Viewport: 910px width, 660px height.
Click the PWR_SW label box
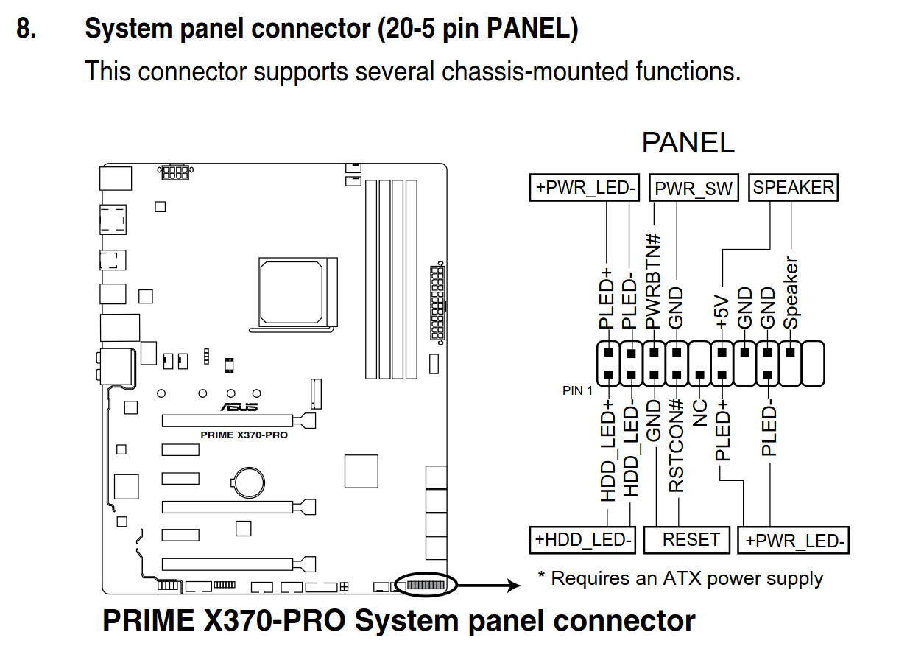[x=694, y=189]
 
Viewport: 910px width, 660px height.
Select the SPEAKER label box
[x=794, y=187]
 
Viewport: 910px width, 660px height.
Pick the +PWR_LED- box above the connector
[x=585, y=187]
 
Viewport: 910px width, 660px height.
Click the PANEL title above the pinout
[x=688, y=143]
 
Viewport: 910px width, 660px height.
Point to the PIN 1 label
[x=577, y=390]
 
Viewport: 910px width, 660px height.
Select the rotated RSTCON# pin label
[x=677, y=446]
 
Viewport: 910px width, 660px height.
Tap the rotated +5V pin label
[x=722, y=312]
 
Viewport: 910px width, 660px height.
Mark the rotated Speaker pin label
[x=791, y=292]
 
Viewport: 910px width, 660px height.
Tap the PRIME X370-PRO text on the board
[x=244, y=435]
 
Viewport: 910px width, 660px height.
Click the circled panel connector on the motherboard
[x=426, y=585]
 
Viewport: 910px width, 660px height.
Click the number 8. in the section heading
[x=27, y=29]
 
